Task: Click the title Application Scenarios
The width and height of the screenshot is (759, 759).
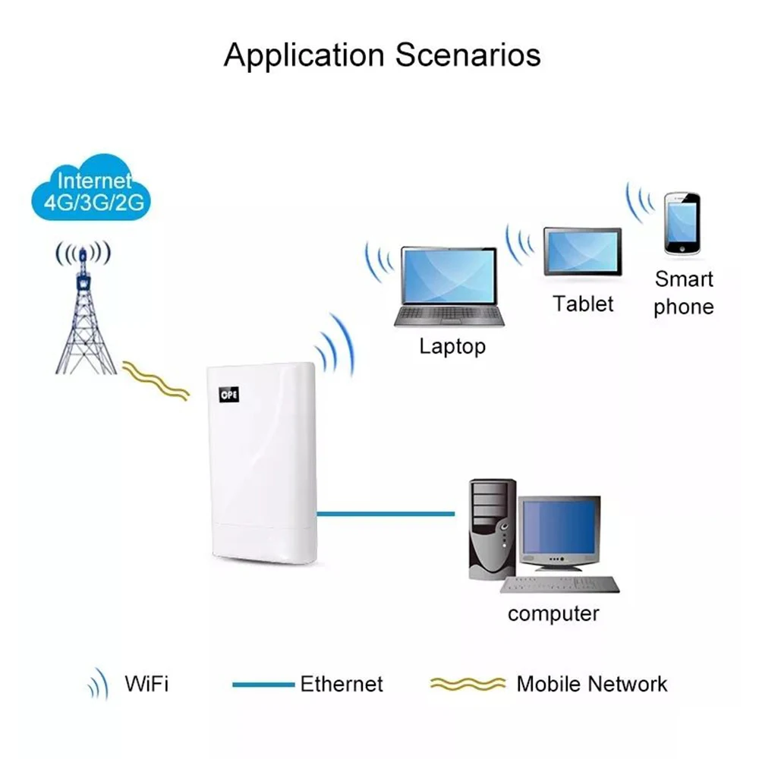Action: tap(382, 55)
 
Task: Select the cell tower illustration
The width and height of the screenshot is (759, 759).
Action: tap(85, 319)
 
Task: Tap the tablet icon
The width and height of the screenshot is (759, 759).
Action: tap(582, 252)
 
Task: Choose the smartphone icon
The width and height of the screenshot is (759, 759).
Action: tap(682, 224)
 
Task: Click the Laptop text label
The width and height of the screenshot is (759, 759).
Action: tap(452, 347)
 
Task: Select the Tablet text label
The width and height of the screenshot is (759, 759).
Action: tap(582, 304)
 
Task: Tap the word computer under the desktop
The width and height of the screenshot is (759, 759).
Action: tap(553, 613)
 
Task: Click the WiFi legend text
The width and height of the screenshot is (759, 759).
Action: tap(146, 683)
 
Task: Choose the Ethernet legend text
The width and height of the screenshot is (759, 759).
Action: tap(342, 684)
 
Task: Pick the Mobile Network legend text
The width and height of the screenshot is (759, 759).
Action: tap(592, 684)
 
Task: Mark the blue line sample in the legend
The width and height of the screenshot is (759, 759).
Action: tap(263, 685)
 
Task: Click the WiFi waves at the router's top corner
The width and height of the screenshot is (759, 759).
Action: tap(336, 345)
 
